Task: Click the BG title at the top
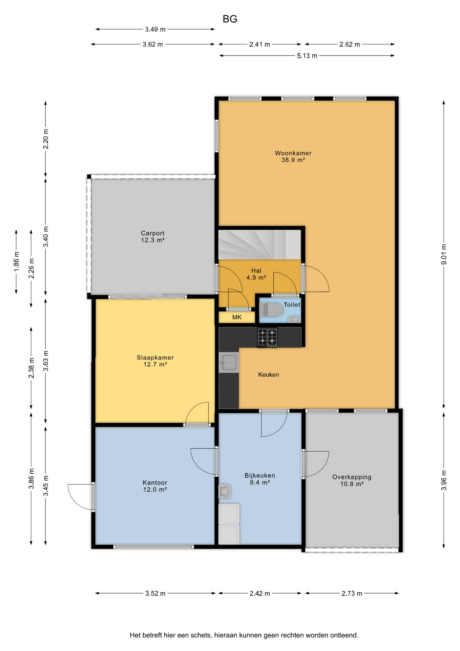pos(230,19)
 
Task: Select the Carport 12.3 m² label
pos(153,237)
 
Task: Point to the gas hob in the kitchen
pos(267,337)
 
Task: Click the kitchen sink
pos(229,362)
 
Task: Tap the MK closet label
pos(237,317)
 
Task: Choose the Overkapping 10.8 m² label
pos(352,480)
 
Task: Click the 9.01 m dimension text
pos(444,254)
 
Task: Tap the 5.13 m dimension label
pos(307,56)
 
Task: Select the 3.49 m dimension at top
pos(155,29)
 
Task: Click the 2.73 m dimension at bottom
pos(352,593)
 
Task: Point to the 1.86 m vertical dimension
pos(16,261)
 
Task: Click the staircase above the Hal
pos(259,245)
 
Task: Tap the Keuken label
pos(269,375)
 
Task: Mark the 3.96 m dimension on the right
pos(444,480)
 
